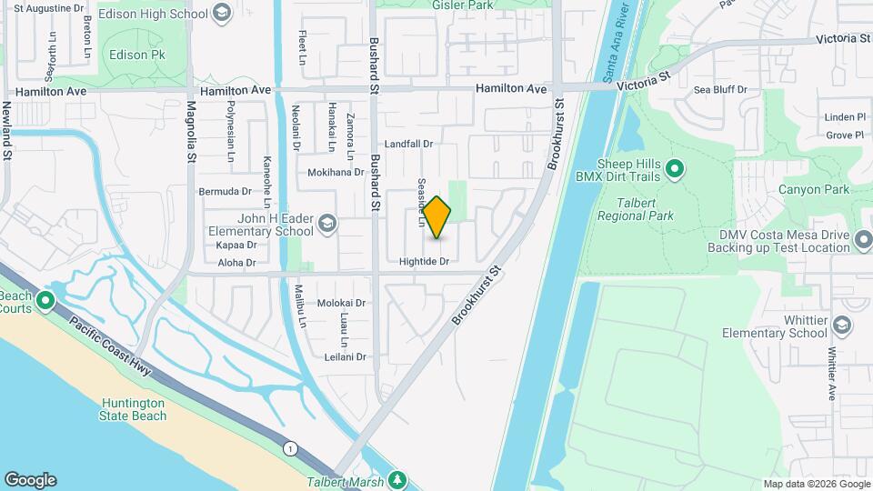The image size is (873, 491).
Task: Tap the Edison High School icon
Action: (223, 15)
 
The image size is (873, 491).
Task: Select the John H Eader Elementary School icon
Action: (326, 224)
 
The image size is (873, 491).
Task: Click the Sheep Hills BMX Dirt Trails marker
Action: (675, 168)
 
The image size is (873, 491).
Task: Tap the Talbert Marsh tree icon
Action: (396, 479)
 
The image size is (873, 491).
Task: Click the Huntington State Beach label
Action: (134, 409)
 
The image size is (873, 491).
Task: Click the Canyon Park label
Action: (813, 190)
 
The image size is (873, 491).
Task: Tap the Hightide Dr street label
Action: (425, 262)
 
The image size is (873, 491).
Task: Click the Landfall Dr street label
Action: (407, 144)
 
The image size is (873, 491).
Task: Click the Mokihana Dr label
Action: (336, 171)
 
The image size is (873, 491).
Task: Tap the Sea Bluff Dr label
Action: (720, 90)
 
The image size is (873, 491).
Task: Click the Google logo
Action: (30, 479)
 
